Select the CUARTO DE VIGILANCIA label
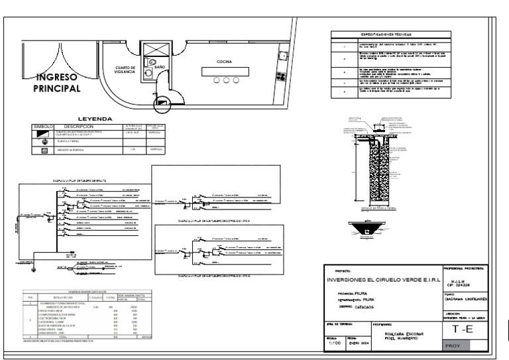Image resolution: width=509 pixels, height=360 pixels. point(125,70)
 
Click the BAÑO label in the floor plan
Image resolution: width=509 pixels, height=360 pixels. point(159,67)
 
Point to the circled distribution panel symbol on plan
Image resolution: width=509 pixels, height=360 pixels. point(162,103)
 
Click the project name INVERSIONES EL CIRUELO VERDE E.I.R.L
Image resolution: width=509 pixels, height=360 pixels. point(382,280)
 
